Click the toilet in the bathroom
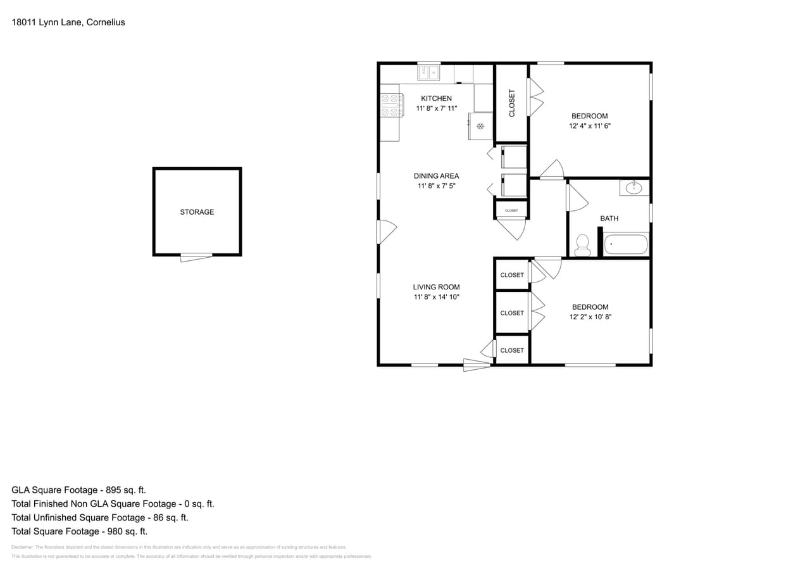[582, 245]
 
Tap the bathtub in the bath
[626, 244]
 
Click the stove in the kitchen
[392, 105]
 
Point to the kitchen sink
[429, 73]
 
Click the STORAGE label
[197, 212]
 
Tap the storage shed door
[196, 256]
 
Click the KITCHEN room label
[436, 99]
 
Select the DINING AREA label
[436, 176]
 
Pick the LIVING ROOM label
[436, 287]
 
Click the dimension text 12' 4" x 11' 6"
[589, 126]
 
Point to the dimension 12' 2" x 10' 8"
[590, 317]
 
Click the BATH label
[609, 218]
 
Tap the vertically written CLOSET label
[512, 103]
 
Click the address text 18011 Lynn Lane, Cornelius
[68, 22]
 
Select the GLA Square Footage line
[78, 490]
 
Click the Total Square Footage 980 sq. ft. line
[79, 531]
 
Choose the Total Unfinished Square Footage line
[100, 517]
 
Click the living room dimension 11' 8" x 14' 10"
[436, 297]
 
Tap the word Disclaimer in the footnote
[22, 547]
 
